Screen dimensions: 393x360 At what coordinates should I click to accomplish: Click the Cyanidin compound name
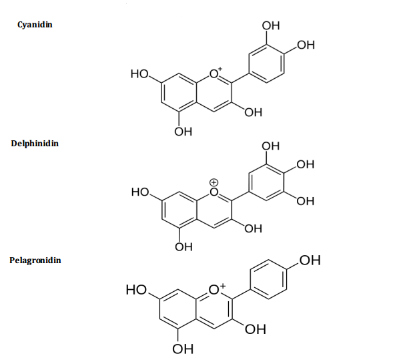35,25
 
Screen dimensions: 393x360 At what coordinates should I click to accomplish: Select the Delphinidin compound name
35,144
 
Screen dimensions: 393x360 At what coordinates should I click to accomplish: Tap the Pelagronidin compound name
35,260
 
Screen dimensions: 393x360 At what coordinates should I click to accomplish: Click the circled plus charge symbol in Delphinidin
214,182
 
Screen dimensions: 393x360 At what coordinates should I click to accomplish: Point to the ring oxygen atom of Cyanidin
214,74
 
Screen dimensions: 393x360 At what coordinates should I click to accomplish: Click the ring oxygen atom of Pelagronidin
214,290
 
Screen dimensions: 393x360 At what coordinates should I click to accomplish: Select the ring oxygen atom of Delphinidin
214,192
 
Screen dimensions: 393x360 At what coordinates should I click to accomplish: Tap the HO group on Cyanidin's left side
139,74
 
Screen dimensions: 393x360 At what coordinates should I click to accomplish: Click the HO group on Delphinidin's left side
140,192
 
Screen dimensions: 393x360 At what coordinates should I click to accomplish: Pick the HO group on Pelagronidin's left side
136,290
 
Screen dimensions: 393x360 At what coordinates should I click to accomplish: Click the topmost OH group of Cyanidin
271,26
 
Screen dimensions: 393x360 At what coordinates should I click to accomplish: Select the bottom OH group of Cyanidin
183,132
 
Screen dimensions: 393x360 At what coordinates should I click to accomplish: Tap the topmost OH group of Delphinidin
270,146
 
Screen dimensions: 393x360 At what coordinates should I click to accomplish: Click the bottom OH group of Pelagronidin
183,349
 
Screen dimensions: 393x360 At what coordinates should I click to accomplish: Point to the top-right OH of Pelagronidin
310,260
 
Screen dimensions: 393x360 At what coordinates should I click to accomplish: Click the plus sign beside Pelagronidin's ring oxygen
223,286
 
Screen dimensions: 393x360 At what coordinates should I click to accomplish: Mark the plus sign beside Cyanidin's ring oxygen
220,69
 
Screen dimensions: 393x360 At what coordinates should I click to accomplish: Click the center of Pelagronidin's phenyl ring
268,279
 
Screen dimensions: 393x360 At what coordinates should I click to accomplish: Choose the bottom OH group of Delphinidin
183,247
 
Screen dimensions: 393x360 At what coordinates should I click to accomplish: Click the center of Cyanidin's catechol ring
267,63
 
